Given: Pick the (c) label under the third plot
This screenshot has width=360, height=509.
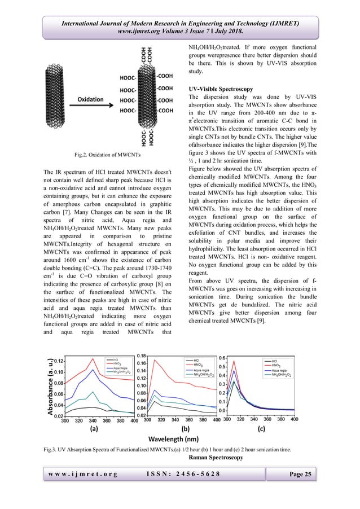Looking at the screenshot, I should [x=261, y=429].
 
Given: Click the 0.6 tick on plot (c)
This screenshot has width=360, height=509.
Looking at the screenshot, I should [x=222, y=358].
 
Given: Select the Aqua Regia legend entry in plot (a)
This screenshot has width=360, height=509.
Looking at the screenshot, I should [x=117, y=367].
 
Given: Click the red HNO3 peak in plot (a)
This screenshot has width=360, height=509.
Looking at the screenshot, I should [x=93, y=358].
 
